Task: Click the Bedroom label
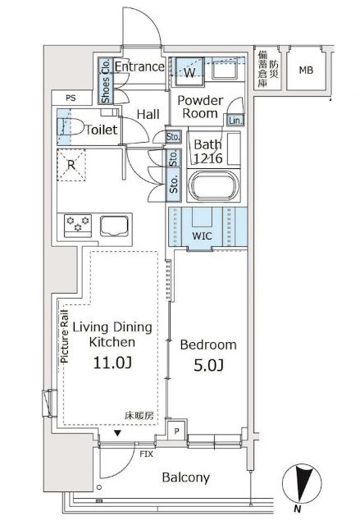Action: click(208, 345)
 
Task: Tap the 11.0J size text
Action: click(112, 363)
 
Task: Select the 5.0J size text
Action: click(208, 365)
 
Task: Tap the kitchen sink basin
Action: click(114, 226)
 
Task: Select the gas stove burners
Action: click(78, 224)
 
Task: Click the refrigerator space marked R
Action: click(71, 165)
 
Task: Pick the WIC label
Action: click(202, 235)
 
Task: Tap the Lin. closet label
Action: click(235, 121)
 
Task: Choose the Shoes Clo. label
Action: click(106, 80)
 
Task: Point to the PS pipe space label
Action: click(71, 98)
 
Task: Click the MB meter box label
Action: click(306, 71)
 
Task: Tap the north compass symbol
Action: click(302, 485)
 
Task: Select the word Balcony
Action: click(185, 477)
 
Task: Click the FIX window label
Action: click(146, 454)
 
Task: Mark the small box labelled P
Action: click(177, 431)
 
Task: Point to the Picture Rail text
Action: click(64, 336)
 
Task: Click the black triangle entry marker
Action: click(117, 433)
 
